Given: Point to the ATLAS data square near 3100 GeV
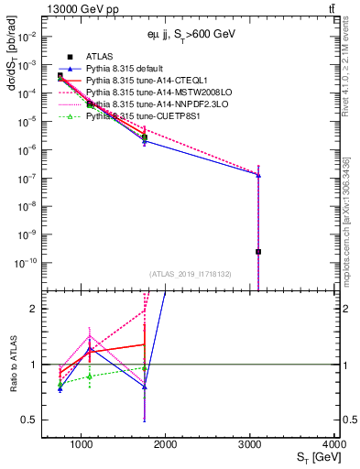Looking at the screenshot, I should [258, 251].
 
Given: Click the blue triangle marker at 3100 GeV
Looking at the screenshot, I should [258, 174].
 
